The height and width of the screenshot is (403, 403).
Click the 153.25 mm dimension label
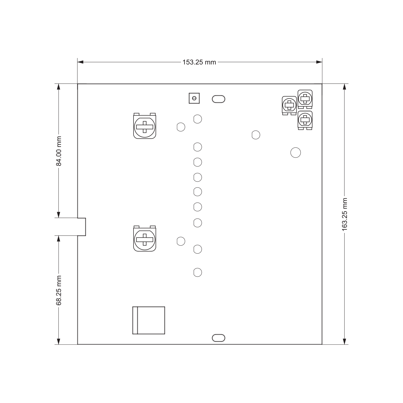[x=199, y=62]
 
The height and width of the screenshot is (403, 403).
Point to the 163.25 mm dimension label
[x=345, y=214]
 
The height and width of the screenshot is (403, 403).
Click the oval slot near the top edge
[x=218, y=99]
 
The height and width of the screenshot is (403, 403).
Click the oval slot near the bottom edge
[x=218, y=338]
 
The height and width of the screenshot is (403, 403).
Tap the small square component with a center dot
[x=194, y=98]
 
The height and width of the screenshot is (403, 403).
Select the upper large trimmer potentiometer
[x=145, y=127]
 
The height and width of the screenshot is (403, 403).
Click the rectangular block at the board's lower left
[x=149, y=320]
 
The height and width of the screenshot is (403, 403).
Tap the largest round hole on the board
[x=296, y=153]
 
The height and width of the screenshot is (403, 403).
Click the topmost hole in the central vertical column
[x=198, y=119]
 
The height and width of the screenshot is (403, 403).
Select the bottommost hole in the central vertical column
[x=198, y=272]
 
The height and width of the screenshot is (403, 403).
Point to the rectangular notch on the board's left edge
[x=82, y=227]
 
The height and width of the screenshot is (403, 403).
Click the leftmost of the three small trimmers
[x=289, y=105]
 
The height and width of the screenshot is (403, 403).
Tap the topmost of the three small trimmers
[x=305, y=98]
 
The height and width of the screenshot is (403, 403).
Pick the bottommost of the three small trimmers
[x=305, y=120]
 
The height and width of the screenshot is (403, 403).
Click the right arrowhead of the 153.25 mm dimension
[x=319, y=62]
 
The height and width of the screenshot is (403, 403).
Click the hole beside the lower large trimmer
[x=181, y=241]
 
